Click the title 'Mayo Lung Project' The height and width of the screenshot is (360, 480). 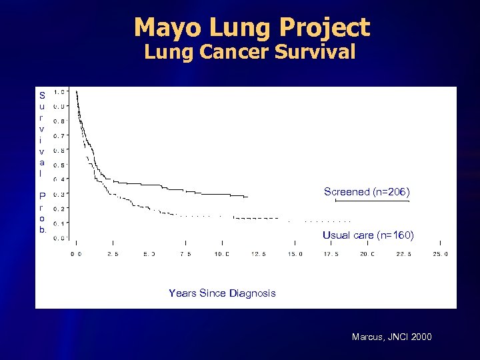(251, 27)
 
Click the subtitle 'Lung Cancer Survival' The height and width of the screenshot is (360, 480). (249, 52)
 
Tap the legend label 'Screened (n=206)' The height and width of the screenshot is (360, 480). (367, 192)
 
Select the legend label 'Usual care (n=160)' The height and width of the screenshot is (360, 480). (368, 235)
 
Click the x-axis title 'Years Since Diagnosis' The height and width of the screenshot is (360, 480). (222, 293)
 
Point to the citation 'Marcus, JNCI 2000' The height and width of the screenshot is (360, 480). (391, 337)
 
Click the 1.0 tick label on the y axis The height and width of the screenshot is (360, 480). (59, 92)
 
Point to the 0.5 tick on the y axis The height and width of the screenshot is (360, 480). (59, 165)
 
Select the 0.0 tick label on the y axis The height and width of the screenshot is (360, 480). (59, 237)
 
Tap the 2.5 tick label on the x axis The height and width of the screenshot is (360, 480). (113, 254)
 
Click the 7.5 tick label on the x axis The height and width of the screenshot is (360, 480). (185, 254)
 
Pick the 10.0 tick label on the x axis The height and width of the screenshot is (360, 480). (222, 254)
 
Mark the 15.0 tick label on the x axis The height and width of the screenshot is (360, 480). (295, 254)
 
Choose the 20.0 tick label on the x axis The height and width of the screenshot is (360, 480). (367, 254)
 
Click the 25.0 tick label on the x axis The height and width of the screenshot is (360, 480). (440, 254)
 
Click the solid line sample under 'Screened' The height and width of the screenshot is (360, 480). (372, 201)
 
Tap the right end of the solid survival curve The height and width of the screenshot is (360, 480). (247, 197)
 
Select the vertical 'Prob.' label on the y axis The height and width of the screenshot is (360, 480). (42, 213)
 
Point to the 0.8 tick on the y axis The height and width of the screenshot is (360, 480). (59, 121)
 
